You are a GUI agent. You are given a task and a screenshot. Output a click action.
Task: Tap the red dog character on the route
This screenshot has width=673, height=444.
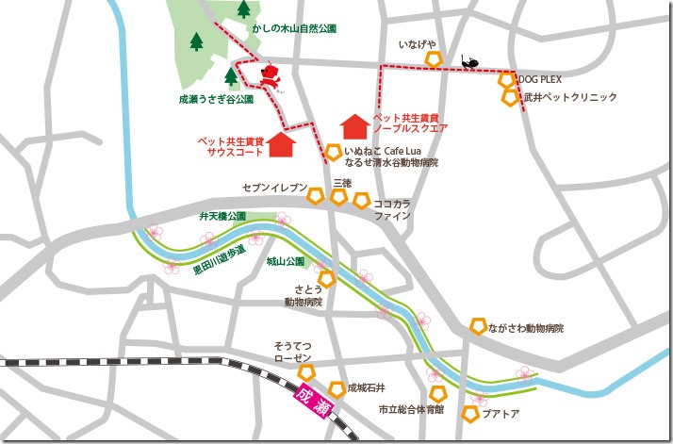click(271, 76)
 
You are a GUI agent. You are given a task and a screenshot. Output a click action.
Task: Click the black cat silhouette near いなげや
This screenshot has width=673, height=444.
click(468, 61)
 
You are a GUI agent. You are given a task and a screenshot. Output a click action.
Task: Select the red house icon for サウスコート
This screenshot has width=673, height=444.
click(281, 144)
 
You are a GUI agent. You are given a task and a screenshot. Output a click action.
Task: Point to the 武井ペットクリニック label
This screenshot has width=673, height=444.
click(569, 97)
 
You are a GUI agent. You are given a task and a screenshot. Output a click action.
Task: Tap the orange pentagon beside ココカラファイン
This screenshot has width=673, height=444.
click(362, 200)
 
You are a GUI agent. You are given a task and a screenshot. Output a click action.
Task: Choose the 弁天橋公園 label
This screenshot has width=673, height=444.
click(222, 216)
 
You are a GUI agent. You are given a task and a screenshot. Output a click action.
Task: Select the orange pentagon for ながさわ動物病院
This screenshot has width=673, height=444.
click(478, 326)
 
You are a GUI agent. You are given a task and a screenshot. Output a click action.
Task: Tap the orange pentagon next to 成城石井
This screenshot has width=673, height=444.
click(336, 387)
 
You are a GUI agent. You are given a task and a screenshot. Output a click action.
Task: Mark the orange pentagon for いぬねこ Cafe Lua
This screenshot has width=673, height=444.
click(333, 152)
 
